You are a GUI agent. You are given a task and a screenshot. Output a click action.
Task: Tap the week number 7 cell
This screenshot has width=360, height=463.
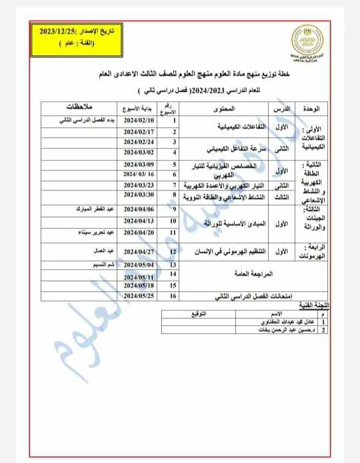(x=174, y=185)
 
